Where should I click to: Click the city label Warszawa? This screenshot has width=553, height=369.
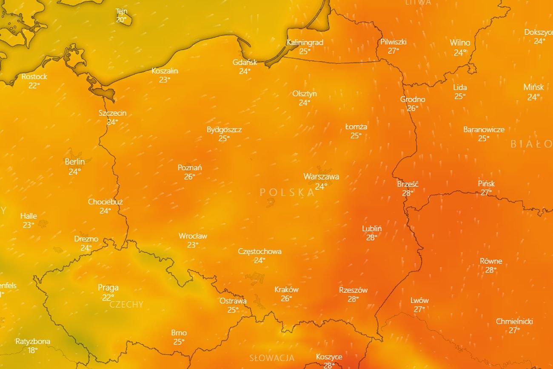321,176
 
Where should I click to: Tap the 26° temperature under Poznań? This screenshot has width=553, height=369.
189,177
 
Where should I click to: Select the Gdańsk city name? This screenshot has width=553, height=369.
245,62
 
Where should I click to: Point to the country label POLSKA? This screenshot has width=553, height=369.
288,192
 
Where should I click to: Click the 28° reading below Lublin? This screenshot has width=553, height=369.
372,237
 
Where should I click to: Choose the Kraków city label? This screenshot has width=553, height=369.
286,289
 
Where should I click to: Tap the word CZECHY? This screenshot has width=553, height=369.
126,304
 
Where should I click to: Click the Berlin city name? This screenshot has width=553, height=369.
75,162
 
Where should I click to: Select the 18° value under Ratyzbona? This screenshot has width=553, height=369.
33,350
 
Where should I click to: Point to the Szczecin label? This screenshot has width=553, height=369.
112,113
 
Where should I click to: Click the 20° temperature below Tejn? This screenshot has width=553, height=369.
121,20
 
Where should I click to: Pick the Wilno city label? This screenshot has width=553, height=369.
460,43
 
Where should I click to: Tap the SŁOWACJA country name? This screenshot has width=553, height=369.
272,358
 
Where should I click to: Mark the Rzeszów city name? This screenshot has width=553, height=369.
353,290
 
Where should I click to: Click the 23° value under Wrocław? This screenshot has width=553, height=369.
193,245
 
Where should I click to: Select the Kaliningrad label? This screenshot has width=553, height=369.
305,42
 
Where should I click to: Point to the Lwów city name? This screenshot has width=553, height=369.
419,300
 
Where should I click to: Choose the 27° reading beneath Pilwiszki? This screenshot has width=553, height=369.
393,51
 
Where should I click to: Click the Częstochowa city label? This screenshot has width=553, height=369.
259,251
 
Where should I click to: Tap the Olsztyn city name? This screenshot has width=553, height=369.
305,94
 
